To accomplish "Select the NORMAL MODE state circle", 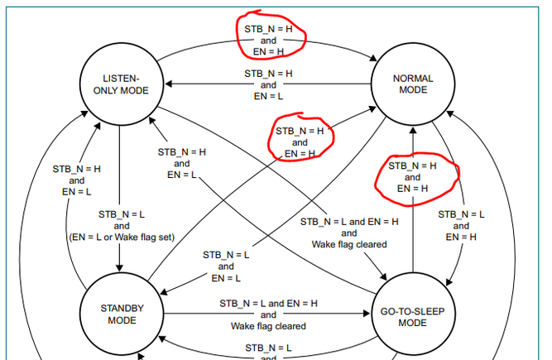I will pyautogui.click(x=413, y=85).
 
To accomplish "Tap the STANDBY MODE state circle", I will pyautogui.click(x=122, y=314).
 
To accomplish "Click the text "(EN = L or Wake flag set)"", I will pyautogui.click(x=121, y=238).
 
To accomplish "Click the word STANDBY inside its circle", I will pyautogui.click(x=122, y=308).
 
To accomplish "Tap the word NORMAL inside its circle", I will pyautogui.click(x=413, y=79).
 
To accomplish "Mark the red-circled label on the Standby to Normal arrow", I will pyautogui.click(x=300, y=142).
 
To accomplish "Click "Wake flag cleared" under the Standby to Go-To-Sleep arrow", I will pyautogui.click(x=268, y=326).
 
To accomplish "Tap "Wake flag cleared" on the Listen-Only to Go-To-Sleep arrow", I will pyautogui.click(x=349, y=244).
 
